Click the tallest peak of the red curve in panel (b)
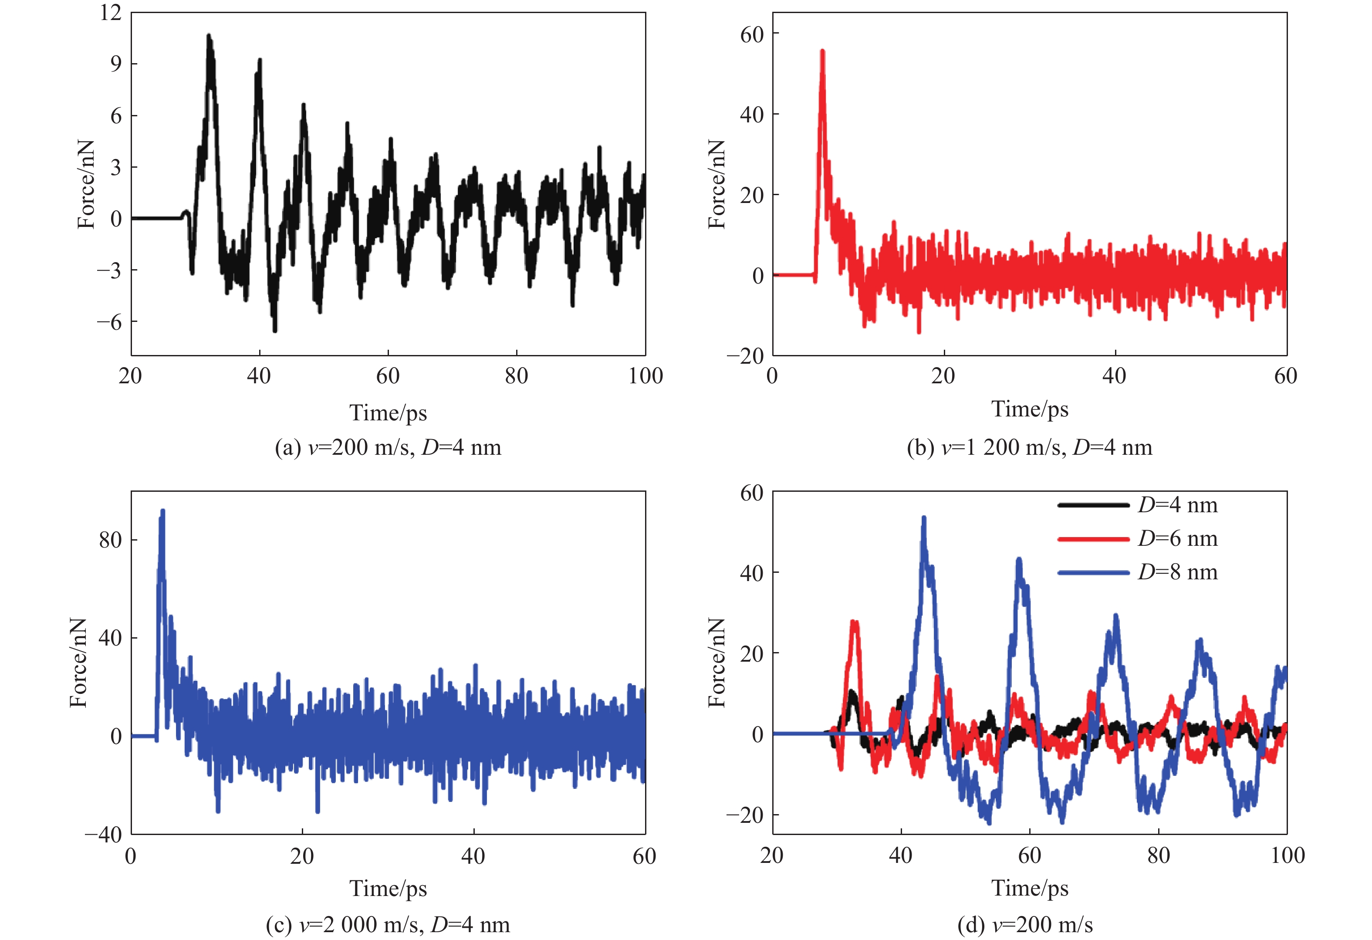coord(822,52)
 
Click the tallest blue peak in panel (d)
coord(924,518)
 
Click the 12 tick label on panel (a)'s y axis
coord(110,13)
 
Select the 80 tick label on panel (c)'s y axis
coord(110,540)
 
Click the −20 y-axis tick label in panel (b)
coord(745,356)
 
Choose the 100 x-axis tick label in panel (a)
coord(645,376)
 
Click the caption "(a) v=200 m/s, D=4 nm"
coord(388,447)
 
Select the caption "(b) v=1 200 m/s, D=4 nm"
coord(1029,447)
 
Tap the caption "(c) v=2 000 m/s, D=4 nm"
coord(388,924)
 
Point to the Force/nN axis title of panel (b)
coord(716,184)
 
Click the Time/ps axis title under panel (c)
coord(388,888)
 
